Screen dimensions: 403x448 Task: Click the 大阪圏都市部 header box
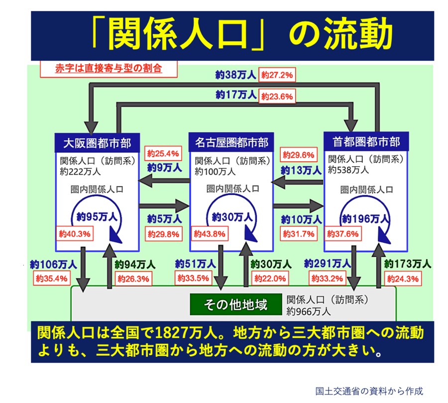(x=97, y=143)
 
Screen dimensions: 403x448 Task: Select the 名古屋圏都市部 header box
(x=231, y=143)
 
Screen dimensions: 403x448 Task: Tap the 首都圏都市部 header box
(x=366, y=142)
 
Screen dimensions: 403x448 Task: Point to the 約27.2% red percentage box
(x=277, y=76)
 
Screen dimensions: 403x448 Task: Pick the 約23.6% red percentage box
(x=277, y=96)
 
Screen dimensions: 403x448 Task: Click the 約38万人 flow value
(x=236, y=75)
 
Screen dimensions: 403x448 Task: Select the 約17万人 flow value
(x=236, y=94)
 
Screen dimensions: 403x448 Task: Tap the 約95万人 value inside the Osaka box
(x=97, y=217)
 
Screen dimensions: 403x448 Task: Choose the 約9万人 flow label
(x=164, y=168)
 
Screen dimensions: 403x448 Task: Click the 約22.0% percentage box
(x=269, y=279)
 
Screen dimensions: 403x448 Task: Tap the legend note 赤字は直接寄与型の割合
(x=109, y=68)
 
